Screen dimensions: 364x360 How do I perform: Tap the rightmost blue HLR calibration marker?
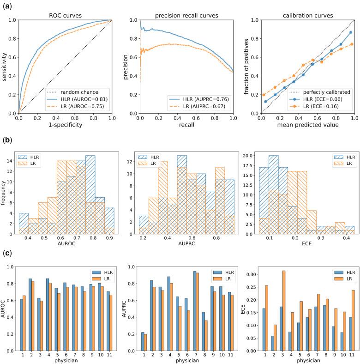351,32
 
